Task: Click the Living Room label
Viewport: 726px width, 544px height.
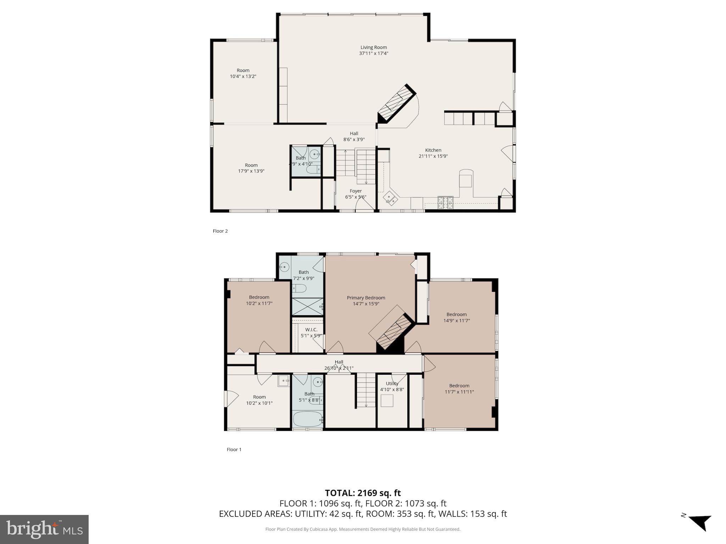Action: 373,47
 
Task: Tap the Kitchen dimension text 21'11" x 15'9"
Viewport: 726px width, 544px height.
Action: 433,156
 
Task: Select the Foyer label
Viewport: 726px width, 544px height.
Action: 356,191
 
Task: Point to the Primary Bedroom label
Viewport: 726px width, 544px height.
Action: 366,298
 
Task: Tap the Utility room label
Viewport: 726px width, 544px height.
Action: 392,384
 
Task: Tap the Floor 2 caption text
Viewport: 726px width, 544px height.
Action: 220,231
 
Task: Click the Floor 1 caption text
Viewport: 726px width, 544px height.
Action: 234,449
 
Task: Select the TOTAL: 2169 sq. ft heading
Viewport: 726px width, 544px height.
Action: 363,493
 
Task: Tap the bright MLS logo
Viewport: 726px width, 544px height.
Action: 44,529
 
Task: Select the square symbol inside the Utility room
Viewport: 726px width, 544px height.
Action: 387,401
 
